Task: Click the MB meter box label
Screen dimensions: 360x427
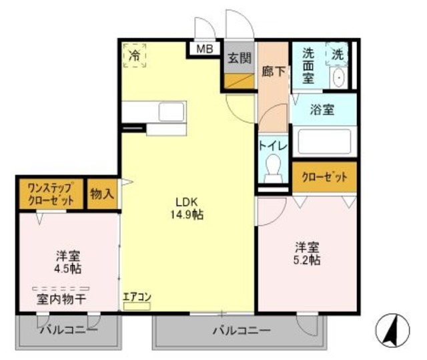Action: (204, 49)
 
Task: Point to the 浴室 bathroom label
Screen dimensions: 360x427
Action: (323, 110)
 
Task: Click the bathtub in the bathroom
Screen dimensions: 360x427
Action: (324, 142)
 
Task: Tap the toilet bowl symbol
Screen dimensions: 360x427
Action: (274, 168)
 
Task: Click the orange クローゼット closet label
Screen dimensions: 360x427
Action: (324, 177)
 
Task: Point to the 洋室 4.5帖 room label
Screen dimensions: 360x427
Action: (67, 261)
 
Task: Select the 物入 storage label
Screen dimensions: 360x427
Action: (102, 194)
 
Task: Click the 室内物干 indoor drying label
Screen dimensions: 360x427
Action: (61, 299)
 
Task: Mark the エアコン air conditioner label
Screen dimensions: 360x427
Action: (137, 297)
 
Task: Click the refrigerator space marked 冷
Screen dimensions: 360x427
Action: (135, 55)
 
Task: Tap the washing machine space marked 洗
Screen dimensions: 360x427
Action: (338, 53)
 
